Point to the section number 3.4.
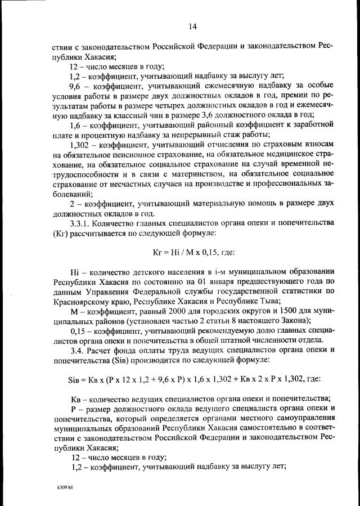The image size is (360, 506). [x=74, y=350]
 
